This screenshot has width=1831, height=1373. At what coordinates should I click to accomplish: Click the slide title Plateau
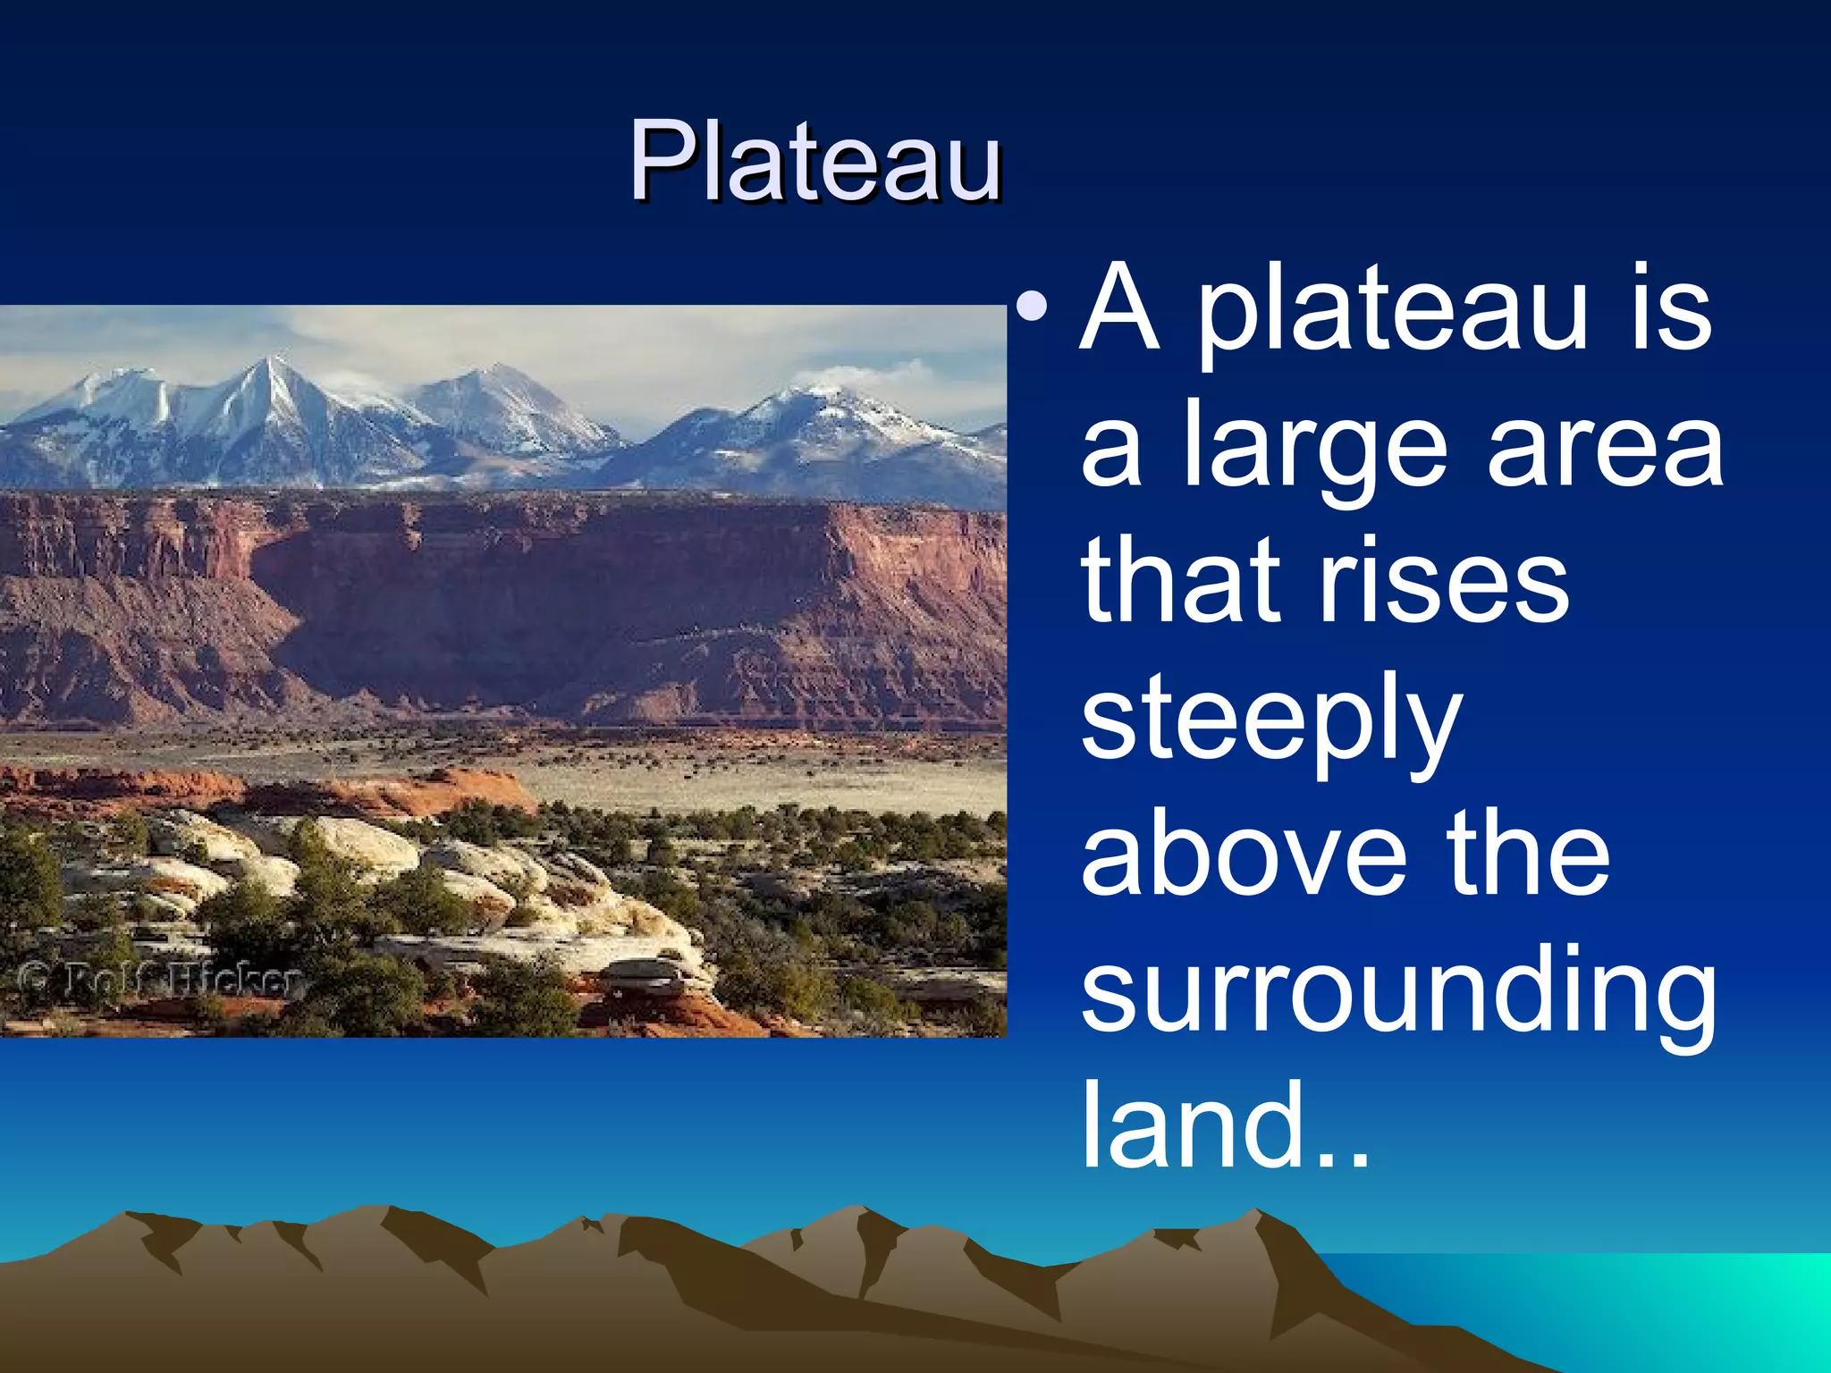[814, 163]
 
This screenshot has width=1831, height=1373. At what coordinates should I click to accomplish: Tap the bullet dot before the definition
[1033, 306]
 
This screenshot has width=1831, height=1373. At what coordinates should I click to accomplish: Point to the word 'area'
[1605, 447]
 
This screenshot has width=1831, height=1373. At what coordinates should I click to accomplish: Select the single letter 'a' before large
[1111, 456]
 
